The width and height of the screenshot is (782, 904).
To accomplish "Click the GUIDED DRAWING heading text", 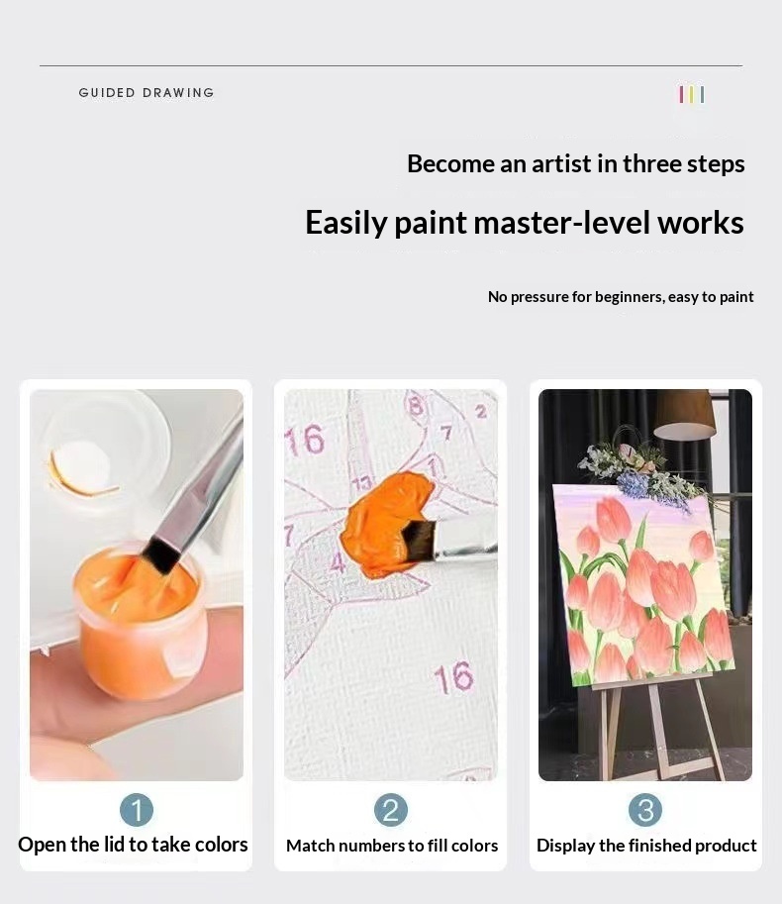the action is [x=147, y=93].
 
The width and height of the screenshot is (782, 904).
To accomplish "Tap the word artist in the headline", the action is [x=561, y=163].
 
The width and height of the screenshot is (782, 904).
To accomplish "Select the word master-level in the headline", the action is [x=562, y=222].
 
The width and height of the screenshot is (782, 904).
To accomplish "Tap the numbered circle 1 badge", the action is [x=137, y=810].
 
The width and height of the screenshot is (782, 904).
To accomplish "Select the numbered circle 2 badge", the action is [x=391, y=810].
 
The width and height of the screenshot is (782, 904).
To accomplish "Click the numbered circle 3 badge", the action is [x=645, y=810].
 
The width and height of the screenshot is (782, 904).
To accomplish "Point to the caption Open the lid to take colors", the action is [x=133, y=845].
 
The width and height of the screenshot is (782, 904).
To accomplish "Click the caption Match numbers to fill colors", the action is [x=392, y=846].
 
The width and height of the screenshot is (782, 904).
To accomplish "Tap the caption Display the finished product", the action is [x=646, y=846].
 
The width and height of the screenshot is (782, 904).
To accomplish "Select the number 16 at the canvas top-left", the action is [x=306, y=439].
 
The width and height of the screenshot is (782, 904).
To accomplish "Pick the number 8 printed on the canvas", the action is [x=415, y=405].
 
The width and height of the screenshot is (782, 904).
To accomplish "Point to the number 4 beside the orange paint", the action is [x=339, y=562].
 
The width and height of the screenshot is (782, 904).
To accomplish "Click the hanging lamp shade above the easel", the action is [x=685, y=413].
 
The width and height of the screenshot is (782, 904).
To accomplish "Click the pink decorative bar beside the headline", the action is [x=681, y=94].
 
